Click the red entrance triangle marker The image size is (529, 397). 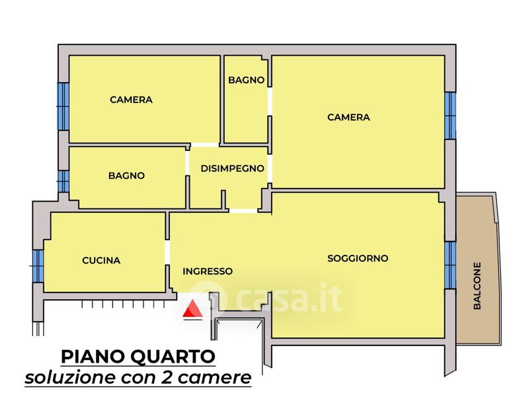pyautogui.click(x=192, y=308)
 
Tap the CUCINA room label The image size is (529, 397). pyautogui.click(x=101, y=260)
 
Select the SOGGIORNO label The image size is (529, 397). pyautogui.click(x=358, y=258)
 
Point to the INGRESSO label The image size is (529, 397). pyautogui.click(x=208, y=271)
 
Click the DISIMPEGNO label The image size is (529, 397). pyautogui.click(x=232, y=168)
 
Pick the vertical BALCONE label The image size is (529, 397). pyautogui.click(x=477, y=286)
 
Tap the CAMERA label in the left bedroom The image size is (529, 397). pyautogui.click(x=131, y=100)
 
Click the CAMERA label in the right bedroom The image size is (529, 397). pyautogui.click(x=348, y=117)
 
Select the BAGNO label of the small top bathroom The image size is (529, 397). pyautogui.click(x=246, y=80)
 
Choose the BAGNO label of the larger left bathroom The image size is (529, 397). pyautogui.click(x=126, y=175)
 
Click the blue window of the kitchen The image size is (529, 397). pyautogui.click(x=38, y=266)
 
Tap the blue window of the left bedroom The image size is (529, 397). pyautogui.click(x=63, y=107)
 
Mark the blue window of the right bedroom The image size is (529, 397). pyautogui.click(x=450, y=115)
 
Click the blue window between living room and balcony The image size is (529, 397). pyautogui.click(x=450, y=265)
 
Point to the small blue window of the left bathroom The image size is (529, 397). pyautogui.click(x=63, y=181)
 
